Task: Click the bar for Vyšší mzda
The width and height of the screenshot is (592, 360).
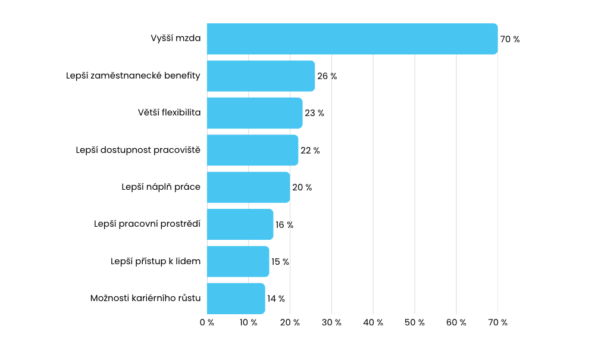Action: click(x=352, y=39)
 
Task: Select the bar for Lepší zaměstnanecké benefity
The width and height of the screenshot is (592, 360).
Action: click(x=261, y=76)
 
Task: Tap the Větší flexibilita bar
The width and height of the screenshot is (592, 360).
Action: click(x=255, y=113)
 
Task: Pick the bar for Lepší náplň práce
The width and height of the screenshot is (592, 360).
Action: click(x=248, y=187)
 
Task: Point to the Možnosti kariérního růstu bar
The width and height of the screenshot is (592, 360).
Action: click(x=236, y=299)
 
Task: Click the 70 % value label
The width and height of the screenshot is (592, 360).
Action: click(x=510, y=39)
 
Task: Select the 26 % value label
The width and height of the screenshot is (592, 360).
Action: click(x=327, y=76)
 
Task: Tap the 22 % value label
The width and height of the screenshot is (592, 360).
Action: click(x=310, y=151)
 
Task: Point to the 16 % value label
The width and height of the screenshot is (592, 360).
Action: click(x=284, y=225)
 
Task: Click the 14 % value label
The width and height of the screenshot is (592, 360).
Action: click(x=276, y=299)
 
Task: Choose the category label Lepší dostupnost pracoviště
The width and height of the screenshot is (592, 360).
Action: click(x=138, y=150)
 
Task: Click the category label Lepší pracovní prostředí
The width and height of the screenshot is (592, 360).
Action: click(x=147, y=224)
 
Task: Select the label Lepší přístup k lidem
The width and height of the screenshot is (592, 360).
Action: click(x=155, y=261)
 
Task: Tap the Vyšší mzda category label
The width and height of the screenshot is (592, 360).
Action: click(x=176, y=39)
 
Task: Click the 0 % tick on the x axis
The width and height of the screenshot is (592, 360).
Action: click(x=207, y=323)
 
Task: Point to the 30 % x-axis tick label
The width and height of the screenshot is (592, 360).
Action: click(x=331, y=323)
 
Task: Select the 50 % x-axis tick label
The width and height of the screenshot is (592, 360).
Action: click(x=415, y=323)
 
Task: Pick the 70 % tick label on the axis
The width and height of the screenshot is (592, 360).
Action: click(x=497, y=323)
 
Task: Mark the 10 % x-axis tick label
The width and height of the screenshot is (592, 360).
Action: click(x=249, y=323)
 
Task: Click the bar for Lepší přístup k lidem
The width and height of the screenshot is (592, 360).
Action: click(x=238, y=262)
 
